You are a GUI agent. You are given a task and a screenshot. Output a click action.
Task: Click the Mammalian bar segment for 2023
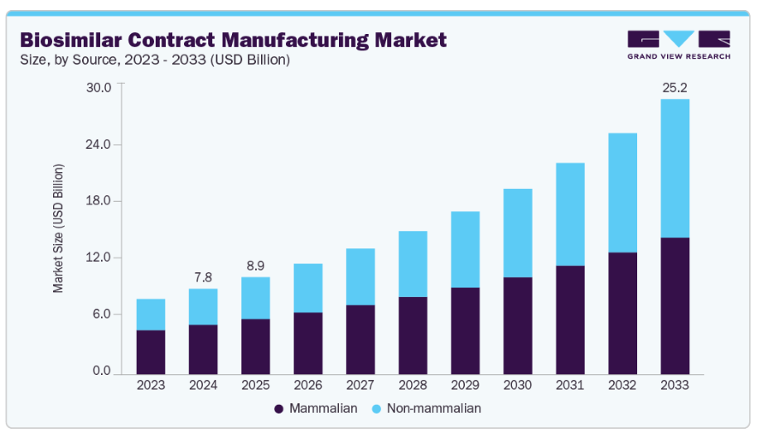tap(151, 352)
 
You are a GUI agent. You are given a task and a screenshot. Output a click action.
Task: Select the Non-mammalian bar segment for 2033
tap(674, 168)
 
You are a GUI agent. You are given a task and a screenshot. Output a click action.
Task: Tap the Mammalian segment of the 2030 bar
tap(518, 325)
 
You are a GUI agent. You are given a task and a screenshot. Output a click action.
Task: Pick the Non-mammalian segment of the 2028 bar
tap(413, 264)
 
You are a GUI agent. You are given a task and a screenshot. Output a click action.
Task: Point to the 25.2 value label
tap(674, 86)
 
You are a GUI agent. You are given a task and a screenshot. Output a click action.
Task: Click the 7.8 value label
tap(203, 276)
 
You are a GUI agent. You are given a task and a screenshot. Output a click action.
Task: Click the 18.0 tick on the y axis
tap(99, 201)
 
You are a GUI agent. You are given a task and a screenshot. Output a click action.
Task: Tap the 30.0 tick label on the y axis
tap(99, 88)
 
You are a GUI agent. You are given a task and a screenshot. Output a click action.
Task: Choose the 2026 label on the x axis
tap(307, 385)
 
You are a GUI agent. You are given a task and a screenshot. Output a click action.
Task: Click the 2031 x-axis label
tap(570, 385)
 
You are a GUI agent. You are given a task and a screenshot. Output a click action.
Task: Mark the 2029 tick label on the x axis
tap(465, 385)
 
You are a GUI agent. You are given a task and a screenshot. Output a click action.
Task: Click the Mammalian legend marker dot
tap(279, 409)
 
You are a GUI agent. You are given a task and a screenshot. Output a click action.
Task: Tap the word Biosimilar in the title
tap(70, 39)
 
